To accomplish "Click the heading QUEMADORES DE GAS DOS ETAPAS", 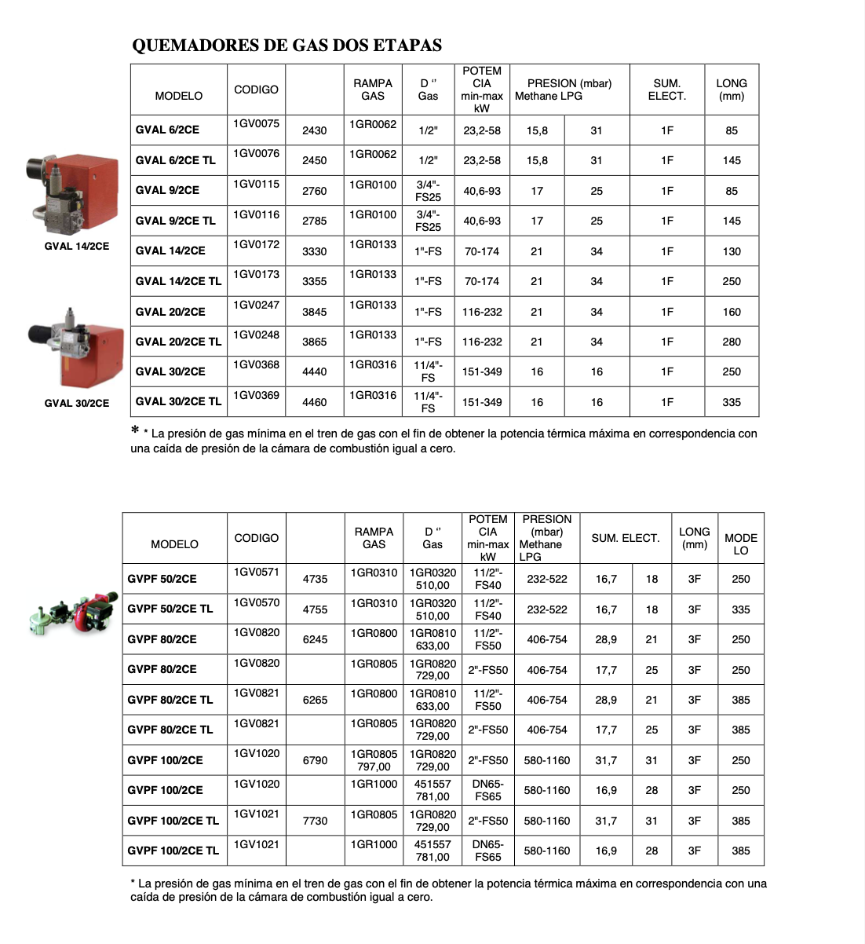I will click(287, 45).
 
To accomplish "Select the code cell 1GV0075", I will click(256, 123).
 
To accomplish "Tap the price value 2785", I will click(314, 221).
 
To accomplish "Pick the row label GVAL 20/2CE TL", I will click(178, 342).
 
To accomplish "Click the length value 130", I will click(732, 251).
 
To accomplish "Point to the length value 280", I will click(732, 342).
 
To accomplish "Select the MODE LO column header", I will click(741, 543).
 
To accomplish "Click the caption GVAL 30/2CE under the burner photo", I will click(77, 403).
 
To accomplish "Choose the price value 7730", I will click(315, 821).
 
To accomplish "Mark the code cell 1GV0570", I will click(256, 602).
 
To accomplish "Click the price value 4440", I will click(314, 371).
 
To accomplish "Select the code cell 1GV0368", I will click(256, 364).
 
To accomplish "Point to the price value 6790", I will click(315, 760).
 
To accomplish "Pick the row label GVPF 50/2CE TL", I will click(170, 609).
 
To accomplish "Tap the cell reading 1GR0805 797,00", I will click(374, 759).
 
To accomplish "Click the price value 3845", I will click(314, 312).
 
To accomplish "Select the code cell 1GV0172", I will click(256, 244).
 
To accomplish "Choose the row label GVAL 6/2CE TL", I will click(175, 160).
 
